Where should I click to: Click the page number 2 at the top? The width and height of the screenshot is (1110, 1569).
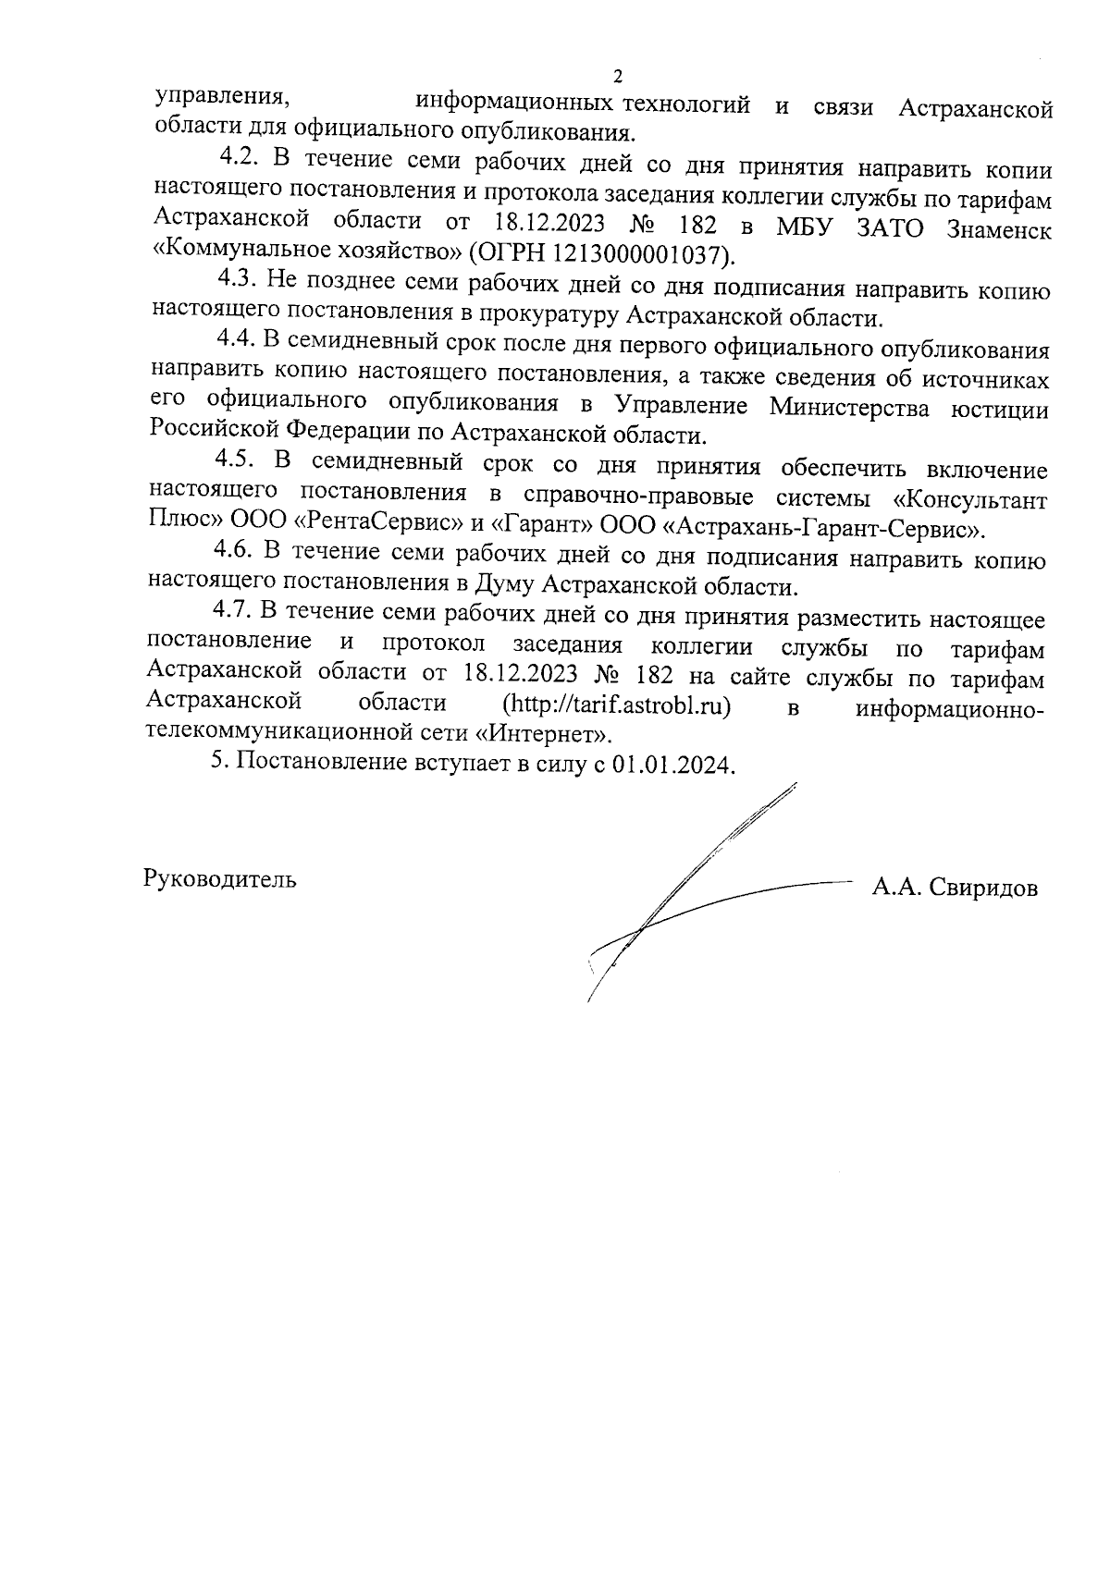click(619, 76)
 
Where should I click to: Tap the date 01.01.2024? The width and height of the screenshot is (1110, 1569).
click(672, 766)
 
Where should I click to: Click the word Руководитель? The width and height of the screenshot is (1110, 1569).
click(220, 879)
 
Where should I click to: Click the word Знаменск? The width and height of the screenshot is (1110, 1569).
click(999, 230)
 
